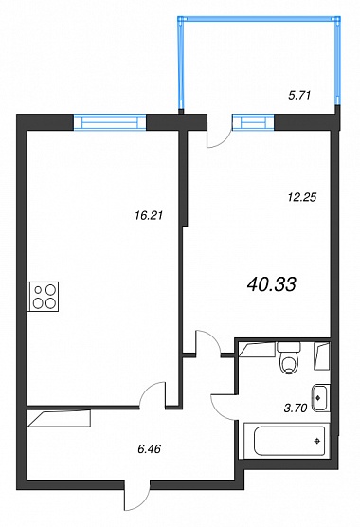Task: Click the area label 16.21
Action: point(149,215)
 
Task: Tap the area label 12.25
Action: point(302,197)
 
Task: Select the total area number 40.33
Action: point(271,284)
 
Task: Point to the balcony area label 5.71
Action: point(299,95)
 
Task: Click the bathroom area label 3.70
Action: point(296,409)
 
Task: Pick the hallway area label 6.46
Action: point(149,448)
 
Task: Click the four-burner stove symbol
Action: point(43,297)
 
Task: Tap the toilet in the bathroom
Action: point(289,357)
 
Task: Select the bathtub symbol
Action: point(287,441)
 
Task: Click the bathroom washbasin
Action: point(321,398)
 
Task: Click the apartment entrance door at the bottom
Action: point(137,498)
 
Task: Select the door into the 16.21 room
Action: point(150,393)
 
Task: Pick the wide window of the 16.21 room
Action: point(110,121)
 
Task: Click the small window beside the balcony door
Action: point(253,121)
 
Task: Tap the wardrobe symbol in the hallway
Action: point(59,418)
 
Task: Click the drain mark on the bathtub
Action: point(316,441)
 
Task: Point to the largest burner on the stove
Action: point(50,289)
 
